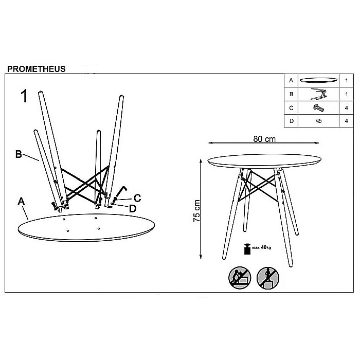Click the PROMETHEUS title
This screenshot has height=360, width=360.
pos(37,69)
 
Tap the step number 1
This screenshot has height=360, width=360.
pos(24,96)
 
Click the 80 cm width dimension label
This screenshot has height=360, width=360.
pos(264,139)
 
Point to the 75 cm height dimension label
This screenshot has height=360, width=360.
pos(197,210)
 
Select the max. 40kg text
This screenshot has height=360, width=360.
pos(261,247)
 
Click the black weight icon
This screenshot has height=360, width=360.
pos(247,248)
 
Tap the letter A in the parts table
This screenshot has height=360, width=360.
pos(291,81)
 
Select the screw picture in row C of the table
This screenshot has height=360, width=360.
pos(319,107)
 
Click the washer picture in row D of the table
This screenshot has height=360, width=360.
pos(318,120)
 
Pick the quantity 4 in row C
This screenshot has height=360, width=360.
pos(347,108)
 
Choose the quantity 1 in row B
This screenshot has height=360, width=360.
pos(347,94)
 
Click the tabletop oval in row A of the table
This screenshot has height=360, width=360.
pos(318,80)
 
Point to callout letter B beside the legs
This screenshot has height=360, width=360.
pos(19,154)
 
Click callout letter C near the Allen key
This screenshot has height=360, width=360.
pos(137,198)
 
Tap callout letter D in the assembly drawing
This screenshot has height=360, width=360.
pos(133,209)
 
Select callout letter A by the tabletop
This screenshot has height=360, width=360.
pos(22,202)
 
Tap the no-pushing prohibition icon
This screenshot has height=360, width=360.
pos(240,278)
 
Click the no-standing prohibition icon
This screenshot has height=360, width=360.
pos(268,278)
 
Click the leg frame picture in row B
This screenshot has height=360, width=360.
pos(319,94)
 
